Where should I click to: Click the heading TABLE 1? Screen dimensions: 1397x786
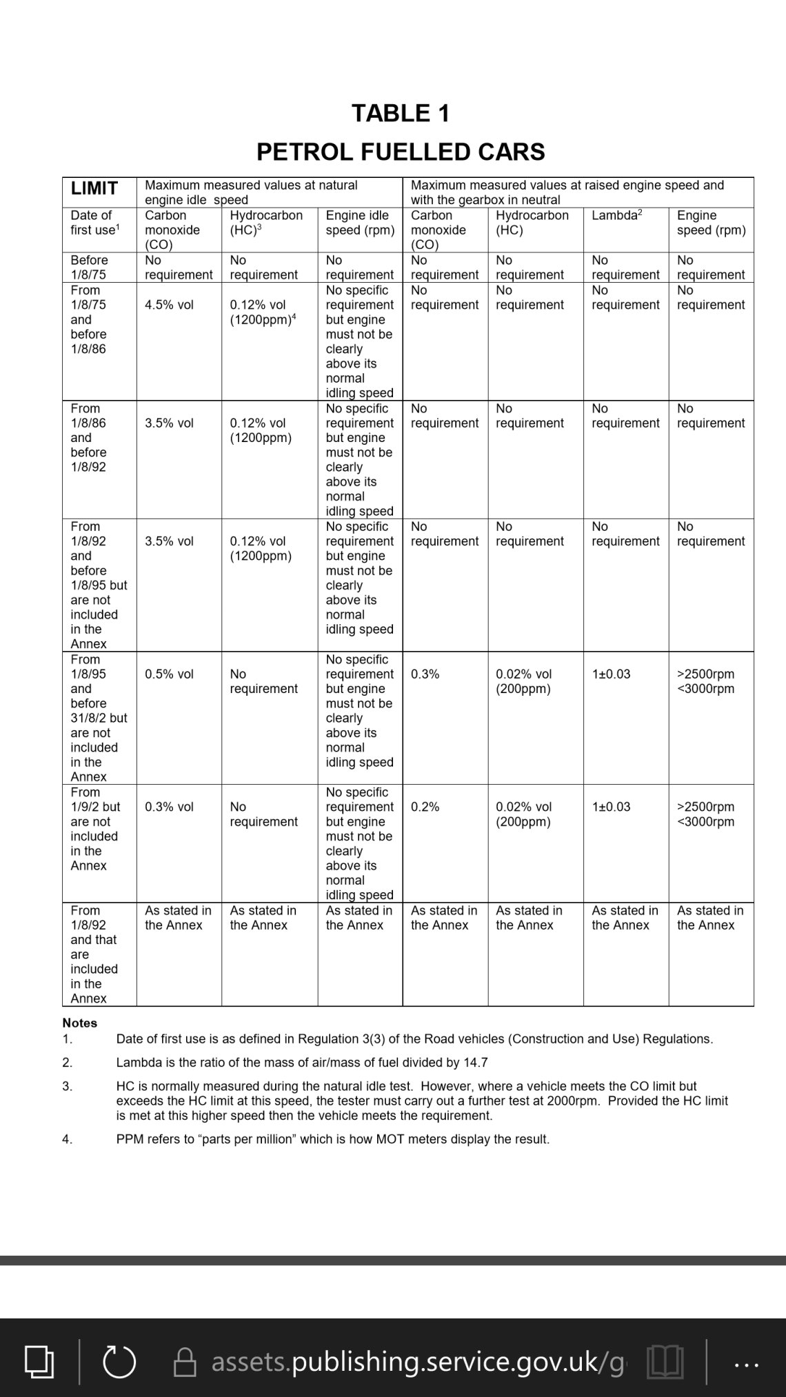pyautogui.click(x=401, y=113)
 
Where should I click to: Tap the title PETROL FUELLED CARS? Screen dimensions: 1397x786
pyautogui.click(x=401, y=152)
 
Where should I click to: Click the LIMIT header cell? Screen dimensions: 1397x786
pyautogui.click(x=94, y=188)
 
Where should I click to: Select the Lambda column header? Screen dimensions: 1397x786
pyautogui.click(x=616, y=215)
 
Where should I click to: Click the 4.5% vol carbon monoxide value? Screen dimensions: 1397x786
pyautogui.click(x=169, y=305)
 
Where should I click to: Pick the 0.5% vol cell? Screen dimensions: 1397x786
pyautogui.click(x=169, y=674)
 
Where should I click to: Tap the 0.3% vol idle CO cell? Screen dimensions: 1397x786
pyautogui.click(x=169, y=807)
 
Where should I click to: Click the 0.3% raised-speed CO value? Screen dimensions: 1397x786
pyautogui.click(x=425, y=674)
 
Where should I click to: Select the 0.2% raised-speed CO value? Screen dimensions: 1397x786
pyautogui.click(x=425, y=807)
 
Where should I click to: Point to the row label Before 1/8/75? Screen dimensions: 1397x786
pyautogui.click(x=90, y=267)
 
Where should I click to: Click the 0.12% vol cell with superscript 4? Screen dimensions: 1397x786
pyautogui.click(x=262, y=312)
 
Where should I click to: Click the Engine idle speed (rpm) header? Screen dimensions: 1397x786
pyautogui.click(x=359, y=222)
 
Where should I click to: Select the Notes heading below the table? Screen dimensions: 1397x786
pyautogui.click(x=79, y=1023)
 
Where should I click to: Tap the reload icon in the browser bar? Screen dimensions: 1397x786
pyautogui.click(x=118, y=1362)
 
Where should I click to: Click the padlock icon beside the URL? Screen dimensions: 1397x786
pyautogui.click(x=185, y=1363)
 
